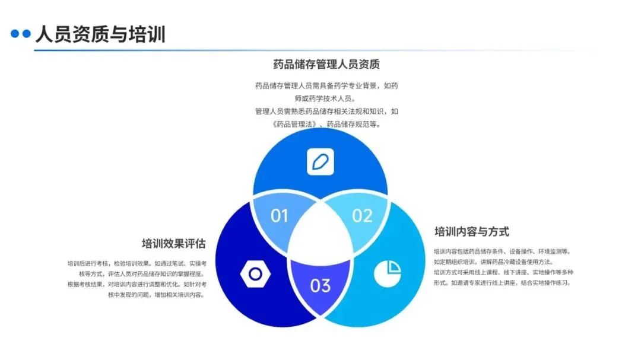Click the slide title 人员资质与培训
click(100, 34)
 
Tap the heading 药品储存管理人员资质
click(326, 64)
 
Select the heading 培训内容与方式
click(472, 232)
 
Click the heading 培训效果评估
click(173, 244)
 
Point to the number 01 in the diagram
click(279, 215)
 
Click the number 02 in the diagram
click(362, 215)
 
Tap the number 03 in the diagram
click(320, 285)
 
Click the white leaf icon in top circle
click(320, 162)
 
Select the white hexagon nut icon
click(255, 274)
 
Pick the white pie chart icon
click(387, 273)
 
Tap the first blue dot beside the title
click(15, 34)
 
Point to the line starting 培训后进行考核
click(137, 263)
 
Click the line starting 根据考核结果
click(137, 284)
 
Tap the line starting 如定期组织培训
click(493, 262)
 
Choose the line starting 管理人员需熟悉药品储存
click(326, 111)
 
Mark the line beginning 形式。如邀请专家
click(502, 283)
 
